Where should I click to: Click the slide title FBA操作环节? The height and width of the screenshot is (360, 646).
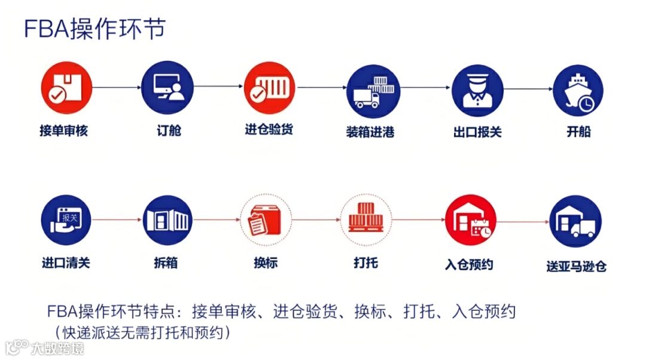click(94, 28)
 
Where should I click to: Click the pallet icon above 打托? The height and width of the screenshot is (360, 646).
click(365, 219)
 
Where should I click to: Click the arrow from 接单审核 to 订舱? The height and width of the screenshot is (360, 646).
click(116, 88)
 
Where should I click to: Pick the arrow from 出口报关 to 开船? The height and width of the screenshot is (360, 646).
click(528, 89)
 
